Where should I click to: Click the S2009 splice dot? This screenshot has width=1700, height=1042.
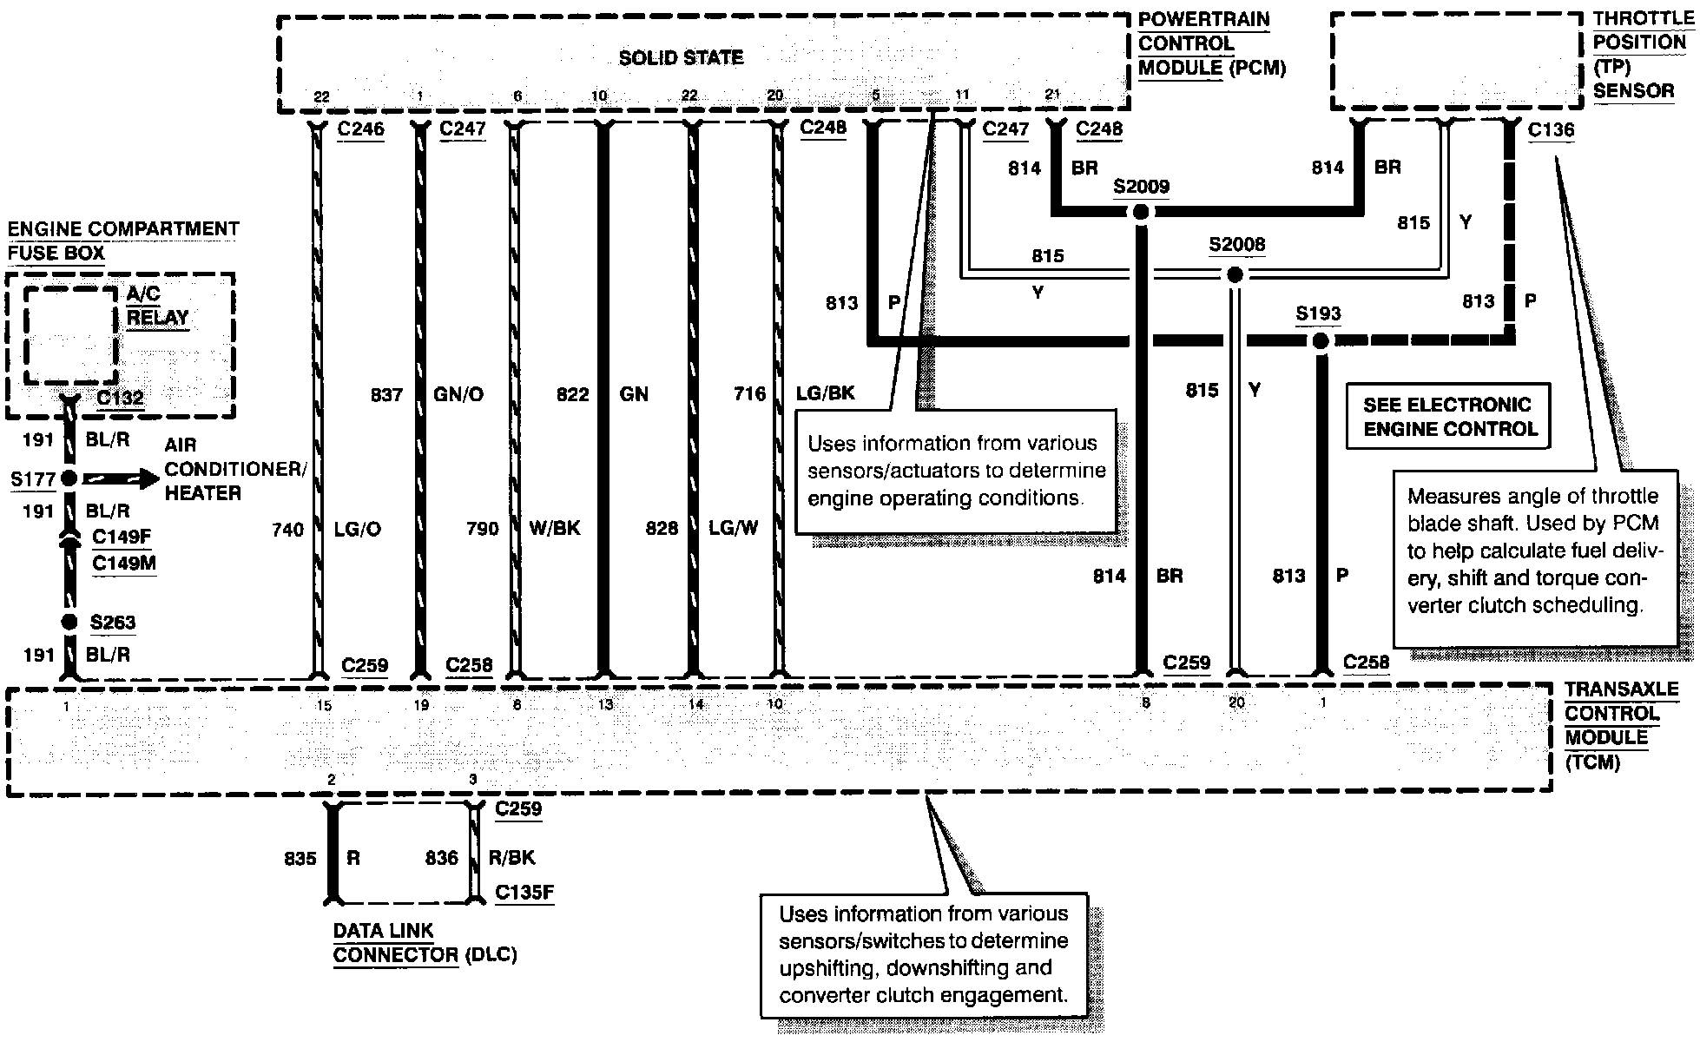coord(1141,212)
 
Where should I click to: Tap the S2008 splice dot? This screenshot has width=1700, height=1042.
coord(1234,275)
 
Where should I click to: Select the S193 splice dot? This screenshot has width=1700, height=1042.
coord(1320,341)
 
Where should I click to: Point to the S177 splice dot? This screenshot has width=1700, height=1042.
coord(69,478)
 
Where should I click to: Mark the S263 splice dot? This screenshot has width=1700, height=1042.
coord(69,622)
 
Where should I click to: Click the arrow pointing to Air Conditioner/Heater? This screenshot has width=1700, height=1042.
coord(122,478)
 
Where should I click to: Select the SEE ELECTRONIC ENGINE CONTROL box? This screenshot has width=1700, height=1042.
coord(1447,417)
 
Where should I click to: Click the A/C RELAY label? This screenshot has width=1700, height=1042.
coord(157,306)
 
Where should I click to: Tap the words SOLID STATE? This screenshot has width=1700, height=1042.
coord(681,58)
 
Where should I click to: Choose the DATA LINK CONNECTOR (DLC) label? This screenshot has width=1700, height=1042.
coord(425,943)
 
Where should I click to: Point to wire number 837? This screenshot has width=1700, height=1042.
coord(386,395)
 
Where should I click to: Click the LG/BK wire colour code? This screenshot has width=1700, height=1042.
coord(825,394)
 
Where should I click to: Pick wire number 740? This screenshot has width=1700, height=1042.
coord(288,530)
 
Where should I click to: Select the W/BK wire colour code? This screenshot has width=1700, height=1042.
coord(554,528)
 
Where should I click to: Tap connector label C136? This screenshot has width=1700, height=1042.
coord(1550,130)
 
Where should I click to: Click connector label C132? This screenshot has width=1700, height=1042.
coord(120,398)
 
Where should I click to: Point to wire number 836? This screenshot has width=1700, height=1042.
coord(441,859)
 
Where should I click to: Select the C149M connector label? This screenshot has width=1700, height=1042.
coord(123,563)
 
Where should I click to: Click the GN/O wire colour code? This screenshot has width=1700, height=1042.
coord(458,395)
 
